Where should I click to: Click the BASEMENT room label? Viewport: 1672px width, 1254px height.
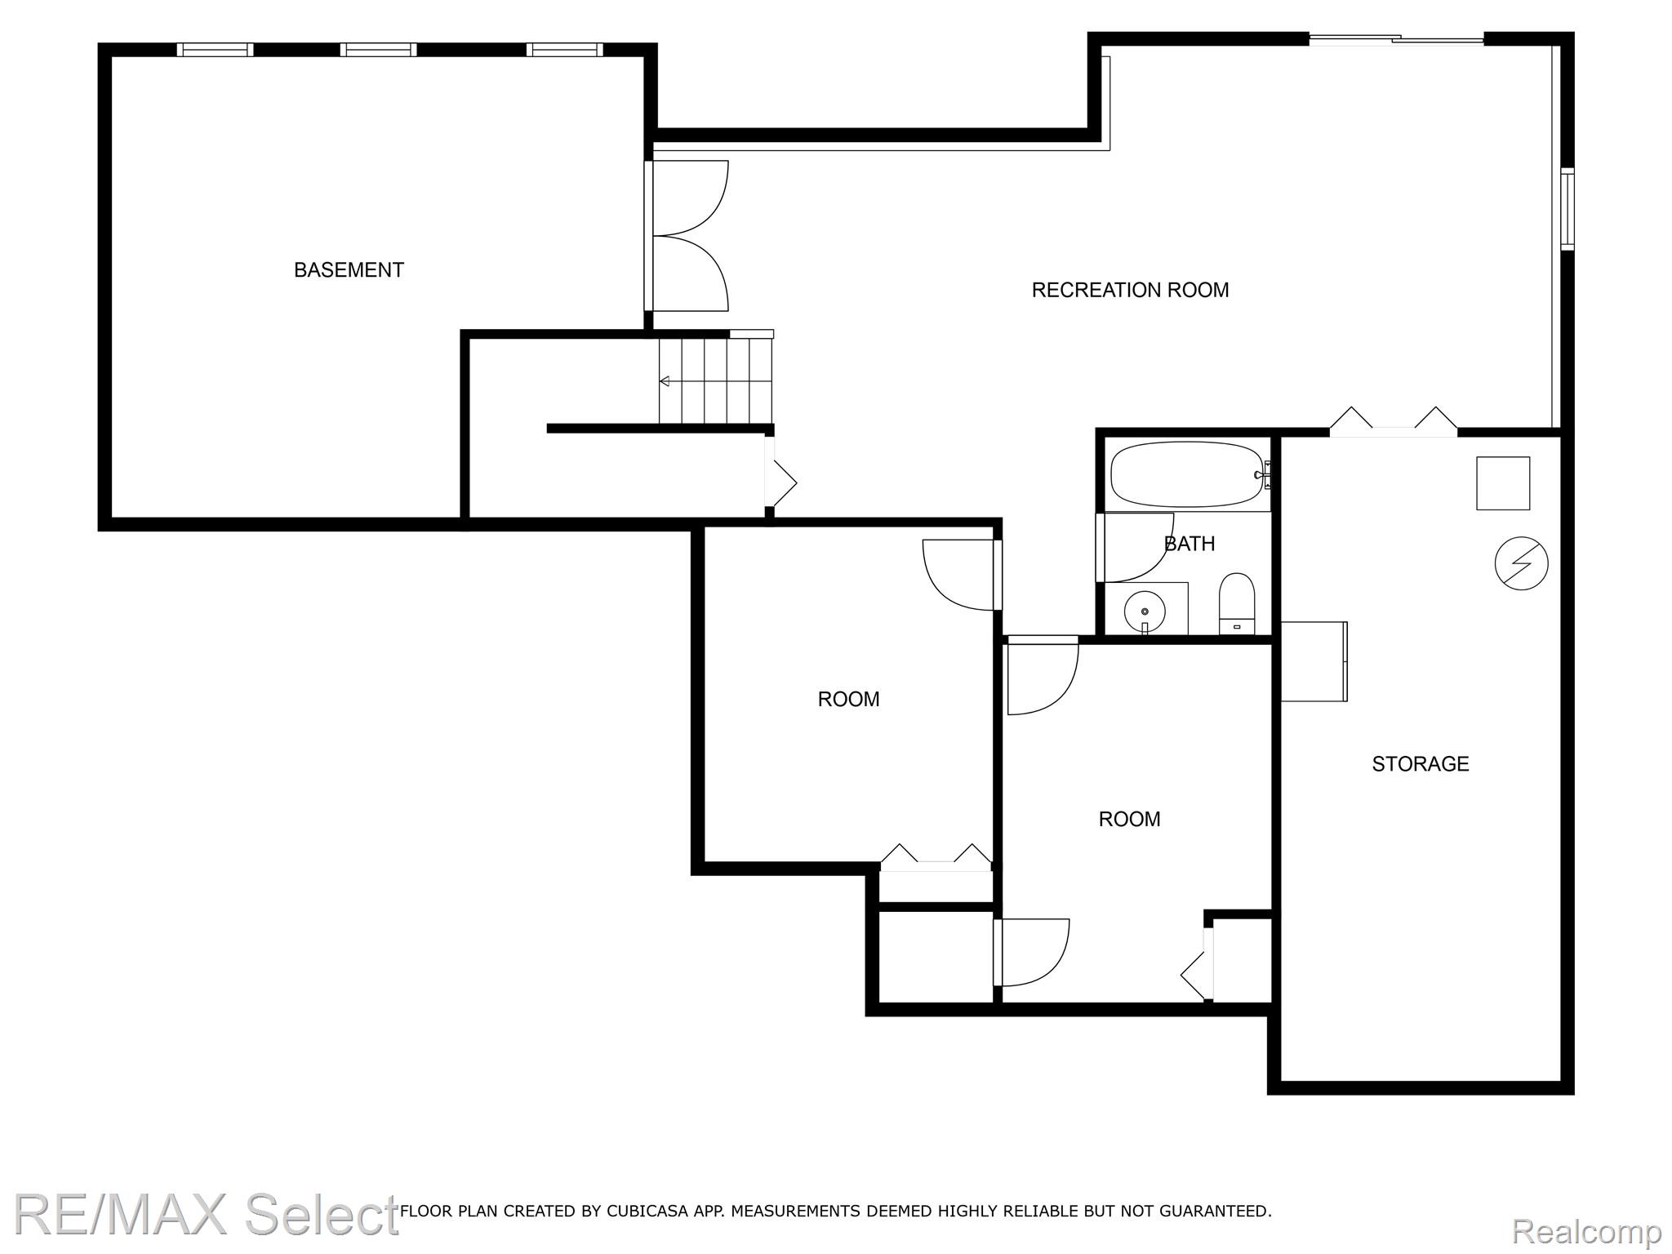click(x=349, y=270)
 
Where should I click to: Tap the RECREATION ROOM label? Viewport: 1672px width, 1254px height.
click(x=1130, y=290)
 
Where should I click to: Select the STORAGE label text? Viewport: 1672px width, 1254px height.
click(x=1420, y=764)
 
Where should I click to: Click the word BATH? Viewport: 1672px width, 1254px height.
click(x=1190, y=544)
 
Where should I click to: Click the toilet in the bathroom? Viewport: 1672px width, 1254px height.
click(x=1237, y=603)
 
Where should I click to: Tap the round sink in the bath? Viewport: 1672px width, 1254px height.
click(x=1145, y=611)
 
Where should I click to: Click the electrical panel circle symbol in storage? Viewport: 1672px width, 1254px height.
click(x=1521, y=563)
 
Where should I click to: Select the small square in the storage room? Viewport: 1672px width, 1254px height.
click(x=1503, y=483)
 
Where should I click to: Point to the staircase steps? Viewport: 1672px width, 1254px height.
click(x=715, y=381)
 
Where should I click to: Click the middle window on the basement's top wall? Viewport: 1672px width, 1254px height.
click(x=378, y=50)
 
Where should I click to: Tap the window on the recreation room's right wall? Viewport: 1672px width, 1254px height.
click(x=1567, y=208)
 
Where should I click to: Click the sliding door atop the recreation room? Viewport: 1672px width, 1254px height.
click(x=1396, y=38)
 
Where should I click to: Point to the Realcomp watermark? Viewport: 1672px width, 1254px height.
click(x=1586, y=1231)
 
